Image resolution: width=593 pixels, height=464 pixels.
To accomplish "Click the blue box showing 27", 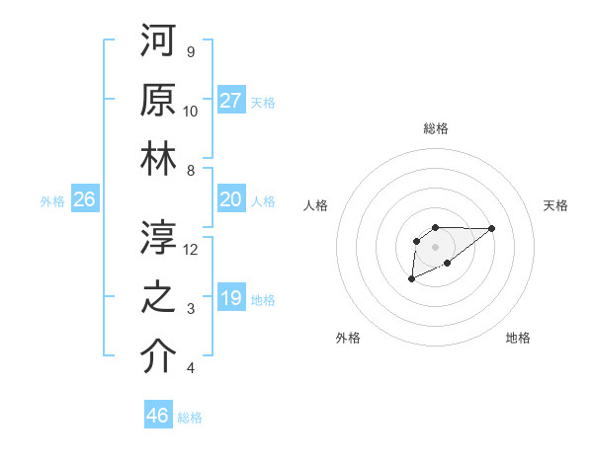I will (231, 100).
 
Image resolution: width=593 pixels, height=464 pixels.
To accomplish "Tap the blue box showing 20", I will (231, 199).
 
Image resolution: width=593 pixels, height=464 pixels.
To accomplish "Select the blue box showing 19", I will (231, 298).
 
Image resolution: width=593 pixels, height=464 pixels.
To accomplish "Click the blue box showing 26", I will (84, 199).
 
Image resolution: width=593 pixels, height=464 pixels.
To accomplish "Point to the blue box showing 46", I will (158, 416).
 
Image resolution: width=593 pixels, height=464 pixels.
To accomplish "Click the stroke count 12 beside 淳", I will (191, 250).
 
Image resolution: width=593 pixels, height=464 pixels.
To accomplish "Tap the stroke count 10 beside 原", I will (191, 111).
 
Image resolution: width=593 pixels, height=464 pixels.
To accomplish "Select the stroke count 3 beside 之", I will (191, 309).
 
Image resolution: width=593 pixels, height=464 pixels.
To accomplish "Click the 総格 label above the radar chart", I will (436, 128).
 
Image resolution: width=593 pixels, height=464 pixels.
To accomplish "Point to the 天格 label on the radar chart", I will (555, 205).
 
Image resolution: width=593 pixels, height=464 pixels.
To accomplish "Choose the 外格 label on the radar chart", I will (348, 338).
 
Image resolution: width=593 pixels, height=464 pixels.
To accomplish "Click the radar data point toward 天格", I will (492, 228).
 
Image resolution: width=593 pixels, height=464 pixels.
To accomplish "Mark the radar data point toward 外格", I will (411, 280).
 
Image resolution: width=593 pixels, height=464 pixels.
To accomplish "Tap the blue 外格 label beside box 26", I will (52, 200).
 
